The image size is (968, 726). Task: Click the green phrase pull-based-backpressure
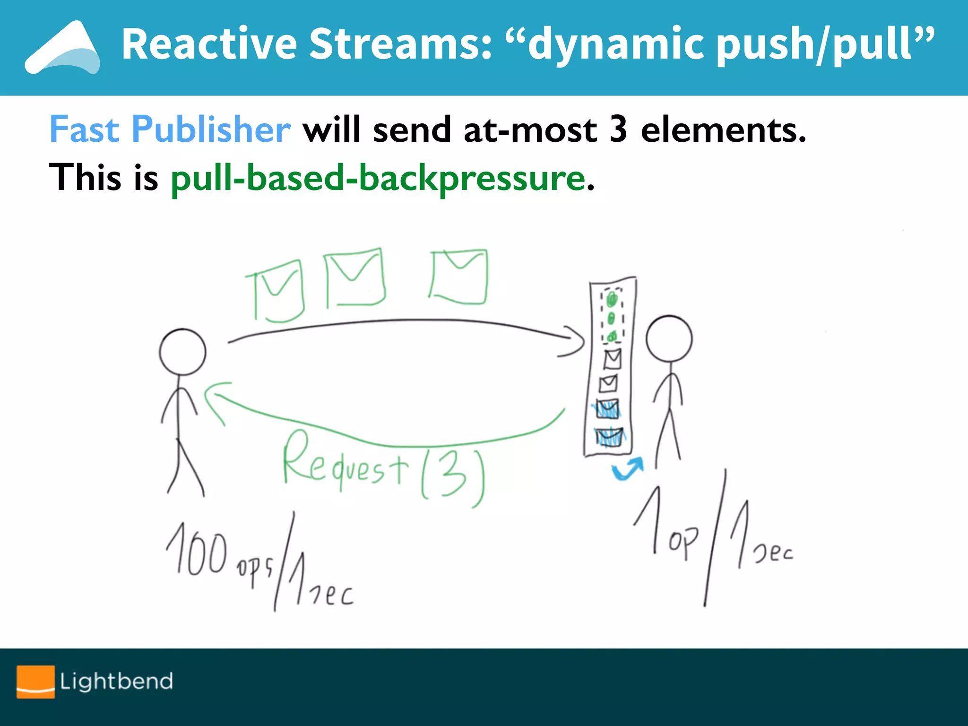[x=378, y=178]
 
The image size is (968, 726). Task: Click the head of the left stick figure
[x=182, y=352]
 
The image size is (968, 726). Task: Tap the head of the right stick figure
[x=669, y=339]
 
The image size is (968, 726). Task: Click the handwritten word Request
[x=345, y=463]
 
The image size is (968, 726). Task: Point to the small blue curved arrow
[x=628, y=468]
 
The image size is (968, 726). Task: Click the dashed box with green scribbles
[x=612, y=315]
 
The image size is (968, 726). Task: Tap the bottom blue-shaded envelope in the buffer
[x=609, y=437]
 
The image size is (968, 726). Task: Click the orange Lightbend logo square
[x=35, y=681]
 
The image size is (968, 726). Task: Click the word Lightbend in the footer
[x=116, y=682]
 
